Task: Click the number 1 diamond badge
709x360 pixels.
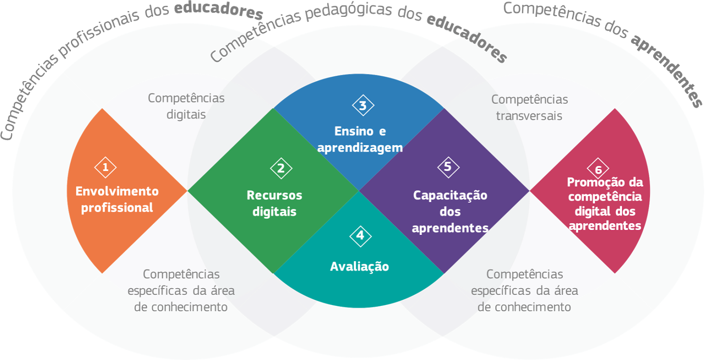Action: pos(105,167)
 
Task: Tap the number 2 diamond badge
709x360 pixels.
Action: pos(281,168)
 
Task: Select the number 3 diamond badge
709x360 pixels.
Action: pos(363,106)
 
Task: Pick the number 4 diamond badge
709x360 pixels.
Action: pos(360,235)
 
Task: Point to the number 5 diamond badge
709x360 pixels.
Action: pos(448,167)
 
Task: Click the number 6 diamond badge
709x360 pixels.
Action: pos(598,169)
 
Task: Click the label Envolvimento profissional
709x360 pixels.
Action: pos(117,200)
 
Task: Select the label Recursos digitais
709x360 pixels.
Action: pos(274,203)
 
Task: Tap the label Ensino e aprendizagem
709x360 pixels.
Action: pos(360,139)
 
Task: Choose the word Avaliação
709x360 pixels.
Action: pos(359,266)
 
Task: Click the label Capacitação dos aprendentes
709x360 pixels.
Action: pos(450,211)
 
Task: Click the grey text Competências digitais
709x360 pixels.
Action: pos(186,106)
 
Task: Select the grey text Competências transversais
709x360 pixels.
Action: pos(530,108)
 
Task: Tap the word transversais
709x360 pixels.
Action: pos(529,116)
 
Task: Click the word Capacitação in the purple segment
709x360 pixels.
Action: pos(450,195)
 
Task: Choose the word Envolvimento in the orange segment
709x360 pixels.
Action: pos(117,191)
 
